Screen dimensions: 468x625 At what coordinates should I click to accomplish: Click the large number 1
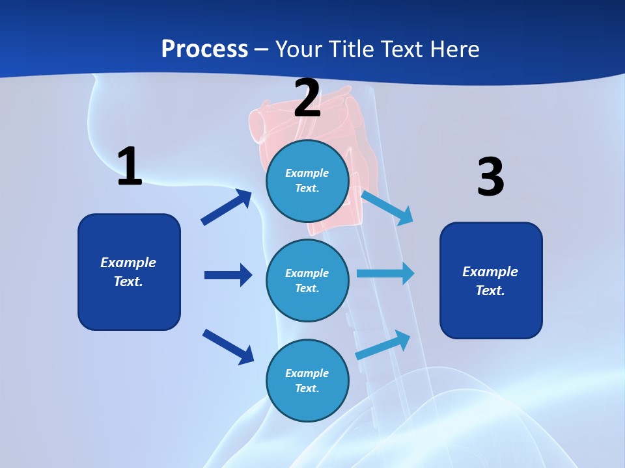(x=130, y=167)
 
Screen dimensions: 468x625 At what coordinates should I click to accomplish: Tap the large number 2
(x=307, y=97)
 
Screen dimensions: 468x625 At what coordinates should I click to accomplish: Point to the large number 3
(x=490, y=177)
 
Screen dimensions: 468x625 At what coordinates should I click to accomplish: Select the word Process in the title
(x=204, y=49)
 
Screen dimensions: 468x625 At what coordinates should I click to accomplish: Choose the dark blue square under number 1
(x=129, y=272)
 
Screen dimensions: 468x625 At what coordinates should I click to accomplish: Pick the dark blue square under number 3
(x=491, y=280)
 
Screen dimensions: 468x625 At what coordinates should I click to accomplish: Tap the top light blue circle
(x=307, y=181)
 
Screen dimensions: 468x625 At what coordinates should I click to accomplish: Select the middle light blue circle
(x=307, y=280)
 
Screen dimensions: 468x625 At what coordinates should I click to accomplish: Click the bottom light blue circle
(x=307, y=380)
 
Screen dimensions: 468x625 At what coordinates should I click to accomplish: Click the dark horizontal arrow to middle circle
(x=228, y=275)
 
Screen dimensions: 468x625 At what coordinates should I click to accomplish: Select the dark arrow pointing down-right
(x=229, y=346)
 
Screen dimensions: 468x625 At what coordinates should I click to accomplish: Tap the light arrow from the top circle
(x=387, y=207)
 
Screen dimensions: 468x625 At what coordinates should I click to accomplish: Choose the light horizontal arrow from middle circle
(x=385, y=273)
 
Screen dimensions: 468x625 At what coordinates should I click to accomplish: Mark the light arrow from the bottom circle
(x=383, y=345)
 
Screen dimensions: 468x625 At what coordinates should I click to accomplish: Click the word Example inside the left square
(x=128, y=263)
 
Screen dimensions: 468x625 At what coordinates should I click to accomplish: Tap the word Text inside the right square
(x=490, y=291)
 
